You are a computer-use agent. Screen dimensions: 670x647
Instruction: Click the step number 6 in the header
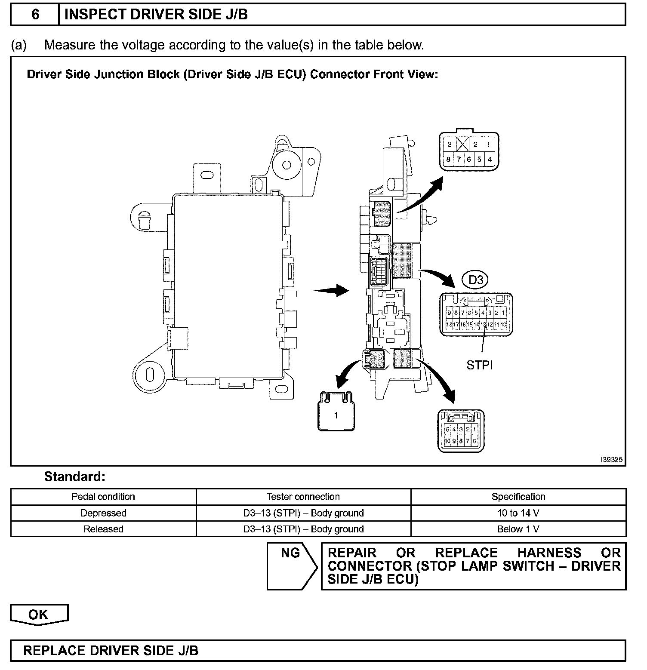pos(35,15)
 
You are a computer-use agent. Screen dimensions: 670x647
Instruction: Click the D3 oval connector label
pos(476,280)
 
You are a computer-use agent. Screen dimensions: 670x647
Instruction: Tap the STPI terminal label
pos(479,365)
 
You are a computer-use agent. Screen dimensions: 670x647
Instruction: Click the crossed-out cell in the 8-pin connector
pos(462,144)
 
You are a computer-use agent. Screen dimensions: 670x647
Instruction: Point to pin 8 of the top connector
pos(448,160)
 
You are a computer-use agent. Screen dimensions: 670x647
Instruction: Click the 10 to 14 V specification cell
pos(518,513)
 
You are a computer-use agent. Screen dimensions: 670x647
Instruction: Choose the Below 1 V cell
pos(518,529)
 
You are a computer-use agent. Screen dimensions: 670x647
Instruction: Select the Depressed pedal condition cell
pos(103,513)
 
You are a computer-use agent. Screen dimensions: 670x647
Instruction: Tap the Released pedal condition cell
pos(103,529)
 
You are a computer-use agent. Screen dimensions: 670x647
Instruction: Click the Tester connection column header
pos(303,497)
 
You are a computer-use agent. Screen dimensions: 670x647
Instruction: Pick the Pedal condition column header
pos(103,497)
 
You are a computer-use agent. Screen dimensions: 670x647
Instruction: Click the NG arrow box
pos(291,566)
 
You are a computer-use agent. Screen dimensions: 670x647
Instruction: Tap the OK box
pos(39,614)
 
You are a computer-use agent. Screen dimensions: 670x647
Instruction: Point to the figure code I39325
pos(611,460)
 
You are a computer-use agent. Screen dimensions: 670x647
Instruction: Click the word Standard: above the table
pos(75,476)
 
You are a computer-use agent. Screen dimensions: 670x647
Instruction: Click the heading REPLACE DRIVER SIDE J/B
pos(111,650)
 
